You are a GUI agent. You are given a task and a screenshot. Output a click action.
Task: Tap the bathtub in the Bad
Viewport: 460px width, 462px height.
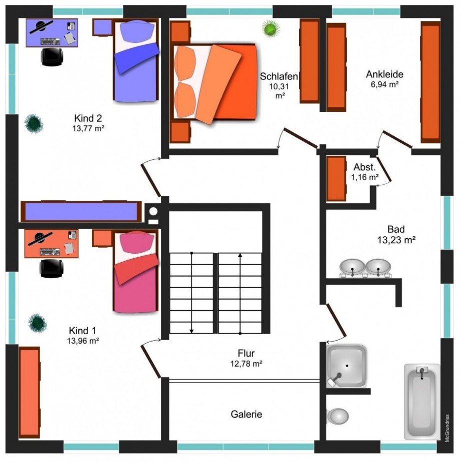(x=422, y=402)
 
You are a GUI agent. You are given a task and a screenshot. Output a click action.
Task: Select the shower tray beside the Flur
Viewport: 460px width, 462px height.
(x=346, y=366)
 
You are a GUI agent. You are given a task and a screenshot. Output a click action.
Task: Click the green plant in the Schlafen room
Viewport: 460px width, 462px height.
(x=271, y=28)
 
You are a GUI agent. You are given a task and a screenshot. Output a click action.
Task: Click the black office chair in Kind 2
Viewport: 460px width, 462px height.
(x=51, y=56)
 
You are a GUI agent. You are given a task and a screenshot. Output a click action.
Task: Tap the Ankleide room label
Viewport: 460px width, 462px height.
(x=384, y=74)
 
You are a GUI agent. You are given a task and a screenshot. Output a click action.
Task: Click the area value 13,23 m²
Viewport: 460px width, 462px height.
(x=396, y=240)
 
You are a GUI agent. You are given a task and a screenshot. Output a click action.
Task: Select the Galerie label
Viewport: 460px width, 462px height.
(x=246, y=414)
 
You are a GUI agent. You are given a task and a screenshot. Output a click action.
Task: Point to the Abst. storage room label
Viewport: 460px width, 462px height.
(x=364, y=167)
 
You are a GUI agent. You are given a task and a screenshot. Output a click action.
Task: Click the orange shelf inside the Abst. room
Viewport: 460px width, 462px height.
(x=336, y=178)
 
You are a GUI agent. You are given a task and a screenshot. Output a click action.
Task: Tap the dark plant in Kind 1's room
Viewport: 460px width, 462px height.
(x=37, y=323)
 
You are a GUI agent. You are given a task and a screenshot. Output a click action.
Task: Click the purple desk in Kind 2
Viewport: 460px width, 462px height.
(x=52, y=32)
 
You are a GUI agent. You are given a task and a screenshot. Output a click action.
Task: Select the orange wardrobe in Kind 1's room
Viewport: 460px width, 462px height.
(x=29, y=392)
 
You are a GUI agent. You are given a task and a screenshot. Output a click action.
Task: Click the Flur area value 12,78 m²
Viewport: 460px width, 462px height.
(x=246, y=364)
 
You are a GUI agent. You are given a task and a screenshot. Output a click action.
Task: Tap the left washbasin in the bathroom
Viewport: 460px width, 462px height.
(x=352, y=267)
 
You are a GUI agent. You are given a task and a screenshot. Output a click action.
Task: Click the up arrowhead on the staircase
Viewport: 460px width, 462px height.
(x=240, y=255)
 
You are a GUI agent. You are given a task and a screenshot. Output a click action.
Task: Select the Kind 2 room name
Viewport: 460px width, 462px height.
(x=88, y=118)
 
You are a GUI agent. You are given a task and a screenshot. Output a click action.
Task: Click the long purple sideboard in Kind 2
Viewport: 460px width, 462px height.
(x=80, y=212)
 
